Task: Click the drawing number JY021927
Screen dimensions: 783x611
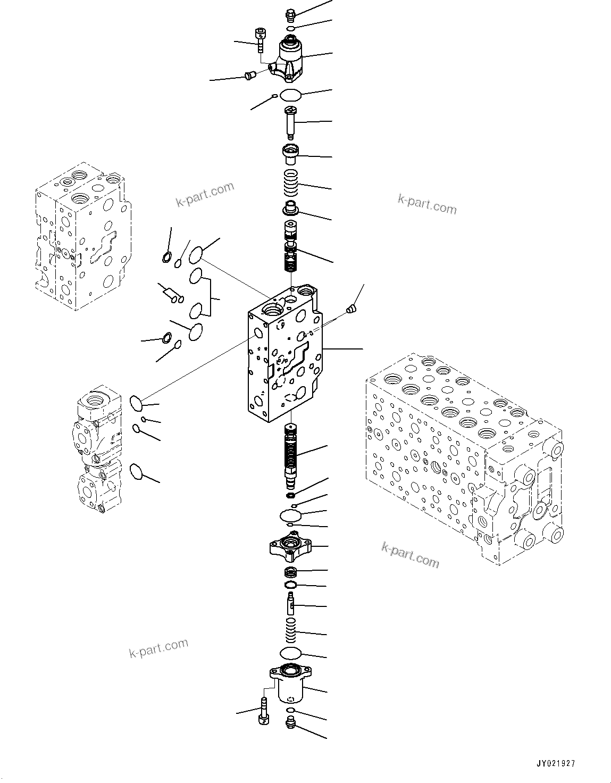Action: click(556, 763)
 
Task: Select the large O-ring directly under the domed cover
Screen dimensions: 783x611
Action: click(290, 96)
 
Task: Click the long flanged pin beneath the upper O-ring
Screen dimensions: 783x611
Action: click(291, 122)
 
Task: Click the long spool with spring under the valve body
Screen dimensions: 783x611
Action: click(290, 455)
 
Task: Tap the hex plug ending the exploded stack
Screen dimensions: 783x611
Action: click(290, 722)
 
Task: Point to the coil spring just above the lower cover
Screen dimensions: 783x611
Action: click(290, 630)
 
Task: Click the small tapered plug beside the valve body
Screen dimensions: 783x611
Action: click(350, 309)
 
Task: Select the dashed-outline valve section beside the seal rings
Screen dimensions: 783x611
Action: click(80, 237)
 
